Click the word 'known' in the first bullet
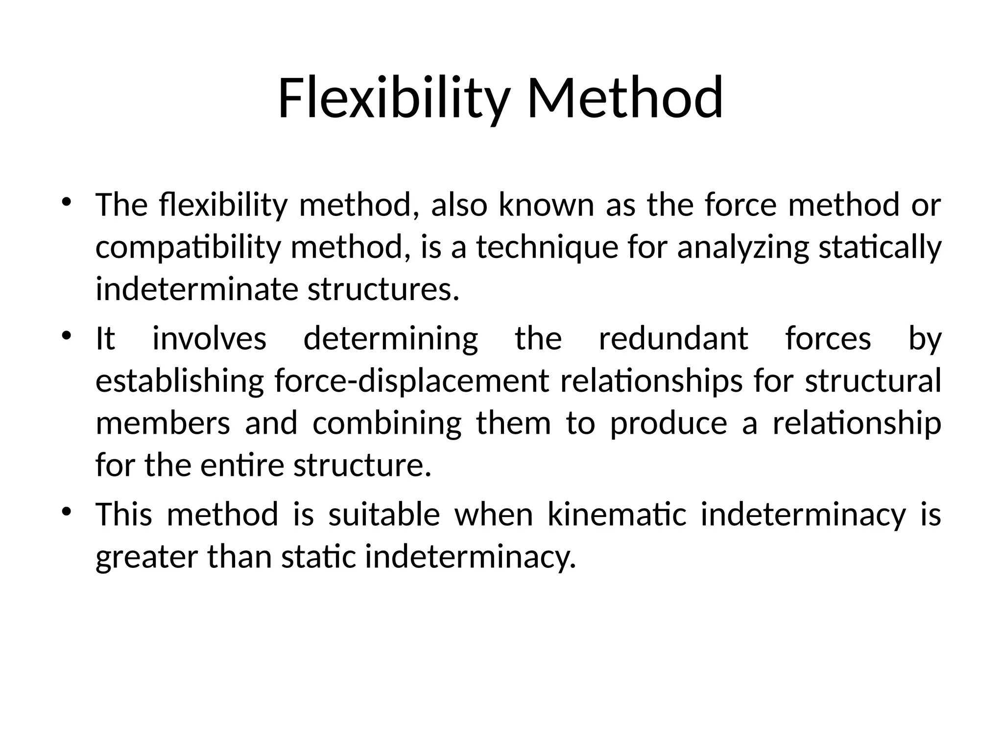coord(546,205)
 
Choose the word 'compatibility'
coord(188,248)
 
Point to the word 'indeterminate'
coord(196,289)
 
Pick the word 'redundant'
coord(673,339)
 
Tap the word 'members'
coord(163,423)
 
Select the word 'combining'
coord(387,423)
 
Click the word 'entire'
coord(242,466)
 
